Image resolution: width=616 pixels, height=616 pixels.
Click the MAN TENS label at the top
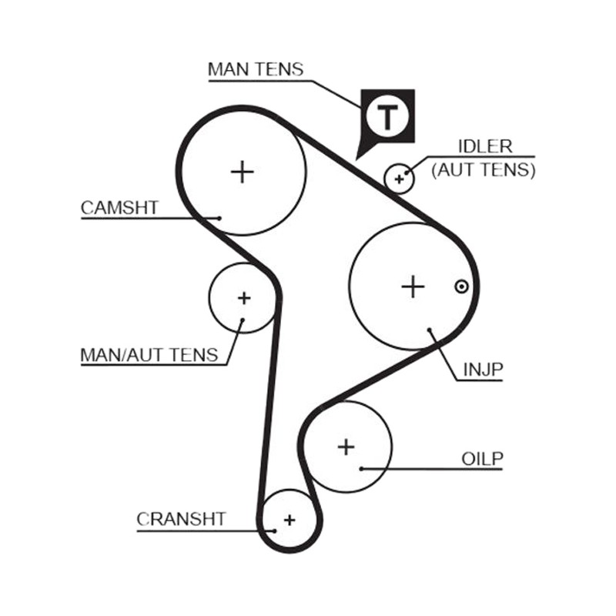point(256,69)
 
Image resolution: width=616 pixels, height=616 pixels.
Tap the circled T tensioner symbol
point(387,116)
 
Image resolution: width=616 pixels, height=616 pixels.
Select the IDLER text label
point(486,146)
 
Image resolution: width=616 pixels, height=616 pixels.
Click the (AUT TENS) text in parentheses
point(484,170)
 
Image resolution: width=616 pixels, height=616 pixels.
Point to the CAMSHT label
point(119,208)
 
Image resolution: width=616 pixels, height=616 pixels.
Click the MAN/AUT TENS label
point(149,355)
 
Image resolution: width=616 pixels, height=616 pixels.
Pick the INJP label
point(484,370)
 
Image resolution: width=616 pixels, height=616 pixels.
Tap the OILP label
point(482,459)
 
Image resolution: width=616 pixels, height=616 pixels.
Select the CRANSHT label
point(181,519)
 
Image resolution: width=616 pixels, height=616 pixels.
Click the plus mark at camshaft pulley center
point(243,172)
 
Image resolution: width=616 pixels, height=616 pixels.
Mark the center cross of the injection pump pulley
point(413,286)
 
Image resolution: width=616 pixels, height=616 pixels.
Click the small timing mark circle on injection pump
point(461,286)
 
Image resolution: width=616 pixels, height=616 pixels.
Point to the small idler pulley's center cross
point(399,179)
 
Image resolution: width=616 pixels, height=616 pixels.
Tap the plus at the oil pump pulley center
point(346,447)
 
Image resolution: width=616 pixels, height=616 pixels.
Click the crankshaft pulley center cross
point(290,521)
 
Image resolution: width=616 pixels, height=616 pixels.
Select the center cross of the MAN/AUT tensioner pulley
point(244,298)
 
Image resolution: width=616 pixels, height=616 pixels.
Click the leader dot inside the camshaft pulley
point(219,218)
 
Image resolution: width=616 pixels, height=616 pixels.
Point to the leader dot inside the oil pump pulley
point(361,468)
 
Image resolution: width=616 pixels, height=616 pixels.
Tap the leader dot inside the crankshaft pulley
point(275,531)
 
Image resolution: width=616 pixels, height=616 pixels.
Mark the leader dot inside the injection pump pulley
point(430,330)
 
